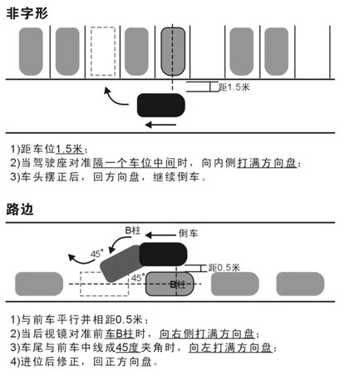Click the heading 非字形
point(27,13)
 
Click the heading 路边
point(20,210)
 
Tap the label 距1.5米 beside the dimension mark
point(234,87)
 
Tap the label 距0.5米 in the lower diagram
point(224,268)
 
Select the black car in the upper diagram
point(161,106)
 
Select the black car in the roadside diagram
point(163,254)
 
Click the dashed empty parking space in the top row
point(103,52)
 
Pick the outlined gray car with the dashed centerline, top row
point(173,52)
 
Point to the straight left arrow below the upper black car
point(160,125)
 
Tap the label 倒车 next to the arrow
point(188,234)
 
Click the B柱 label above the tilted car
point(133,230)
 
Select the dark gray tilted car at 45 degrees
point(121,264)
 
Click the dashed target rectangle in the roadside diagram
point(104,284)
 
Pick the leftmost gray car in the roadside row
point(39,284)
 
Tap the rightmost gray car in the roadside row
point(300,284)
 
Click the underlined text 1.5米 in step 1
point(70,149)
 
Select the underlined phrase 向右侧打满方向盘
point(207,334)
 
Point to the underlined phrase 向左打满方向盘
point(230,348)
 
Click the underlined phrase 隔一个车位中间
point(135,163)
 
